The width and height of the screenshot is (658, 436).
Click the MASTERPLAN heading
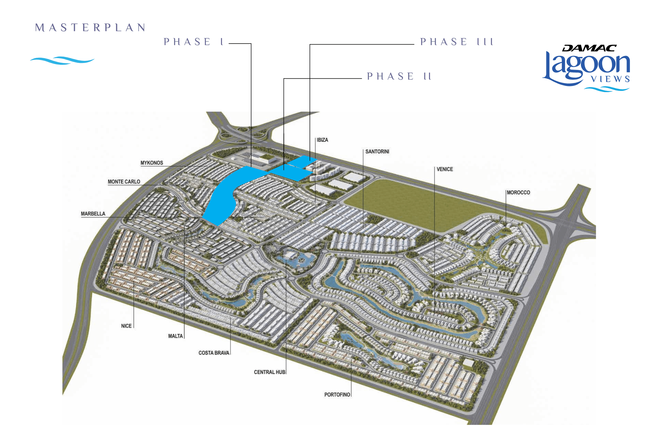[x=90, y=28]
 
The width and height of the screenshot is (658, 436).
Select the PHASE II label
[x=399, y=76]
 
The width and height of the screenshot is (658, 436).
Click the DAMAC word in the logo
[x=589, y=48]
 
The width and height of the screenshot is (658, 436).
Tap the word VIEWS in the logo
[x=610, y=79]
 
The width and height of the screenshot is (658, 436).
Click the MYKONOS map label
[x=152, y=163]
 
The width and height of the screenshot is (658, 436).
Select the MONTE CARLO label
[x=124, y=182]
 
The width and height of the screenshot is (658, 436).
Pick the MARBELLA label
[x=93, y=214]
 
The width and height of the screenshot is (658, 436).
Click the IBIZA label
[x=322, y=140]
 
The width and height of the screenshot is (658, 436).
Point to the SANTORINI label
[x=377, y=151]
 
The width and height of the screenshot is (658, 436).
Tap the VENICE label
[x=445, y=169]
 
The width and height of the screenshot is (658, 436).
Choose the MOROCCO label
[x=519, y=193]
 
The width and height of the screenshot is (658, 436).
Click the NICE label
[x=126, y=326]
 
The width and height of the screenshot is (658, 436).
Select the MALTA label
[x=176, y=336]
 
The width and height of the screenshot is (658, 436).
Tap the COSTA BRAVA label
[x=214, y=353]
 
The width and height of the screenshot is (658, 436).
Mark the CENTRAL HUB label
[x=270, y=372]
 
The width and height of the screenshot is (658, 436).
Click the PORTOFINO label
[x=337, y=395]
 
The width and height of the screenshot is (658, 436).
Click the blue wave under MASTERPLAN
[x=62, y=61]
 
